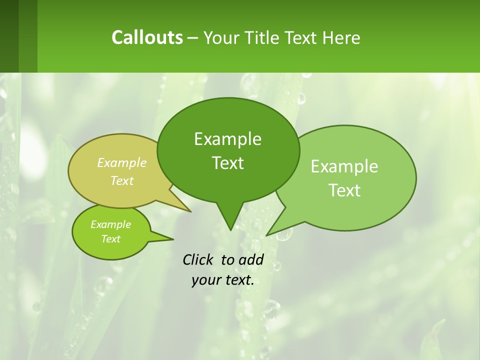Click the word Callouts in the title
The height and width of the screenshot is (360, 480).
tap(147, 37)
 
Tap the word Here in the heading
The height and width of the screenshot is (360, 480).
tap(341, 37)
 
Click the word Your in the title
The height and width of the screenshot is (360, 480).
tap(220, 37)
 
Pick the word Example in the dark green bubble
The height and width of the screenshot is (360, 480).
tap(227, 139)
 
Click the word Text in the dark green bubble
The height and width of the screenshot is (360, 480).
tap(227, 163)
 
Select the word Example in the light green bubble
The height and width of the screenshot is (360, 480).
tap(344, 166)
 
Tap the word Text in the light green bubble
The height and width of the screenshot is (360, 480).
tap(344, 190)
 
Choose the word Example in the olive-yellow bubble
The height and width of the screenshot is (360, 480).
tap(121, 162)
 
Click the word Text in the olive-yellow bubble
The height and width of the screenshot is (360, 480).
tap(121, 180)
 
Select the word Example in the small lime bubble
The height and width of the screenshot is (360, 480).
tap(110, 224)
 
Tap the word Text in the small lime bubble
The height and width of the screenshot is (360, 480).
tap(110, 239)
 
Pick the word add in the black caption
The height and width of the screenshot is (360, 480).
tap(251, 259)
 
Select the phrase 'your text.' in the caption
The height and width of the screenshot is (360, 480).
tap(223, 280)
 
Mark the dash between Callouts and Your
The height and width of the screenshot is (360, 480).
tap(193, 38)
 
